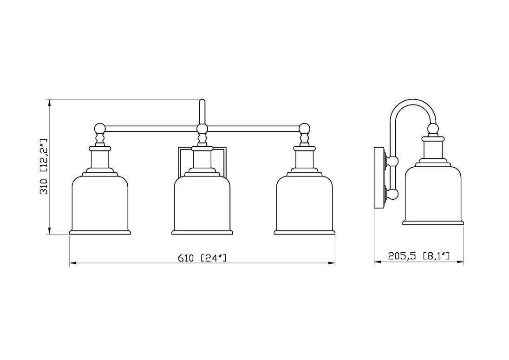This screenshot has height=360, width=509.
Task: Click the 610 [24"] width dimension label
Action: coord(202,258)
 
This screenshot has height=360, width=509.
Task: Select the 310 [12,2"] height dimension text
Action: coord(44,166)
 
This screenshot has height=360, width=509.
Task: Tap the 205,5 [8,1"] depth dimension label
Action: coord(419,256)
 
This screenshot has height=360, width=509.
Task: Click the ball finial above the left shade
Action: coord(100,128)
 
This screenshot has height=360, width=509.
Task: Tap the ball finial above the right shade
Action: coord(305,128)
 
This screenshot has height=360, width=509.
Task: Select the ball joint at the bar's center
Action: coord(202,129)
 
